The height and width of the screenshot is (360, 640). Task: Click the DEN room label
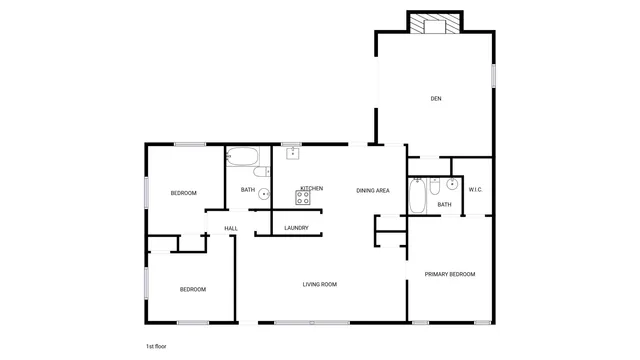click(435, 98)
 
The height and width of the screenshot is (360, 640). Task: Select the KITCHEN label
click(311, 188)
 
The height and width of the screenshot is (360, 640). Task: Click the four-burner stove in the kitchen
click(302, 198)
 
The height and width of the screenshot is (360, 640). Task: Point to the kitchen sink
click(293, 153)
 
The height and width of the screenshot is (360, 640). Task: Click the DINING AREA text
click(373, 189)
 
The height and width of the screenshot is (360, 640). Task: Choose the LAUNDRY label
click(296, 228)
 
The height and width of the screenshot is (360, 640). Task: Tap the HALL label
click(231, 229)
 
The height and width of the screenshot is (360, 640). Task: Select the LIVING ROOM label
click(320, 285)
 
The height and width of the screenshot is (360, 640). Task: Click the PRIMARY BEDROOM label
click(449, 274)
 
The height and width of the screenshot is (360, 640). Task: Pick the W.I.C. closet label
click(476, 189)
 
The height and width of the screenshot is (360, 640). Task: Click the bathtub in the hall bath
click(243, 157)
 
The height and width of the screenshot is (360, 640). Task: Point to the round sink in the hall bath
click(264, 194)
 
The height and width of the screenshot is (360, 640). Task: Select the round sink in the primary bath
click(452, 184)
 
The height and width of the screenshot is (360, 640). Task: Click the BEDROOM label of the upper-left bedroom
click(183, 193)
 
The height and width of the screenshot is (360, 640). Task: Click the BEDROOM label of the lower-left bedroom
click(192, 289)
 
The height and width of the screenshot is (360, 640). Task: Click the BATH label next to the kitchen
click(247, 189)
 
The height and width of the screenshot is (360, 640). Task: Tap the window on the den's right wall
click(493, 77)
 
